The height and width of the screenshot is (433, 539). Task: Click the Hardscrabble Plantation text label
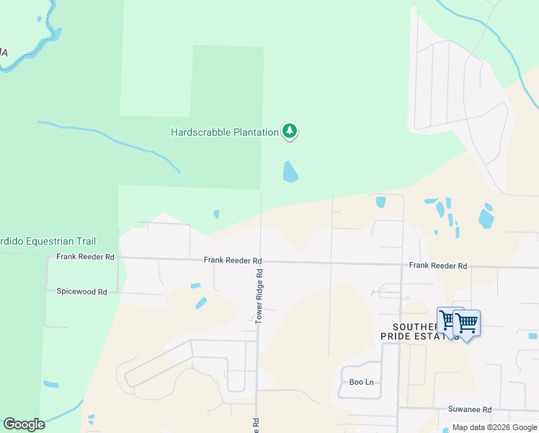[224, 132]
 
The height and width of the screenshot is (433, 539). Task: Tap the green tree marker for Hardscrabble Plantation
[290, 131]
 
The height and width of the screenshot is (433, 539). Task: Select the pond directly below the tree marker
[290, 172]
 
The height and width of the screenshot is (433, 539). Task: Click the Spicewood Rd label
[81, 292]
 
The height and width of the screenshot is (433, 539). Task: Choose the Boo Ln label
[361, 382]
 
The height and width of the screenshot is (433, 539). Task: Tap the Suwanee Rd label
[469, 409]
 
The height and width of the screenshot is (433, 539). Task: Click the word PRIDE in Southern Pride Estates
[396, 336]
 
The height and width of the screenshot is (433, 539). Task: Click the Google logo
[24, 424]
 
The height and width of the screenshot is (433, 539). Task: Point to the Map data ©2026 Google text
[494, 428]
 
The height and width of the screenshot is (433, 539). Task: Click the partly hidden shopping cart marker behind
[446, 319]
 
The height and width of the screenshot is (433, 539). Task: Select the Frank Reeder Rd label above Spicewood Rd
[85, 257]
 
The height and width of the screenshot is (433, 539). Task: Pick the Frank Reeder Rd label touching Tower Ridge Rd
[232, 261]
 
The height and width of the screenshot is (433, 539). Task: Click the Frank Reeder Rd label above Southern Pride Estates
[437, 266]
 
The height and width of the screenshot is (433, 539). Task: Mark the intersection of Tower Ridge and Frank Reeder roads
[260, 261]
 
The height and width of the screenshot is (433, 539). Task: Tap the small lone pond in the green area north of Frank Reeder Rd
[216, 214]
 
